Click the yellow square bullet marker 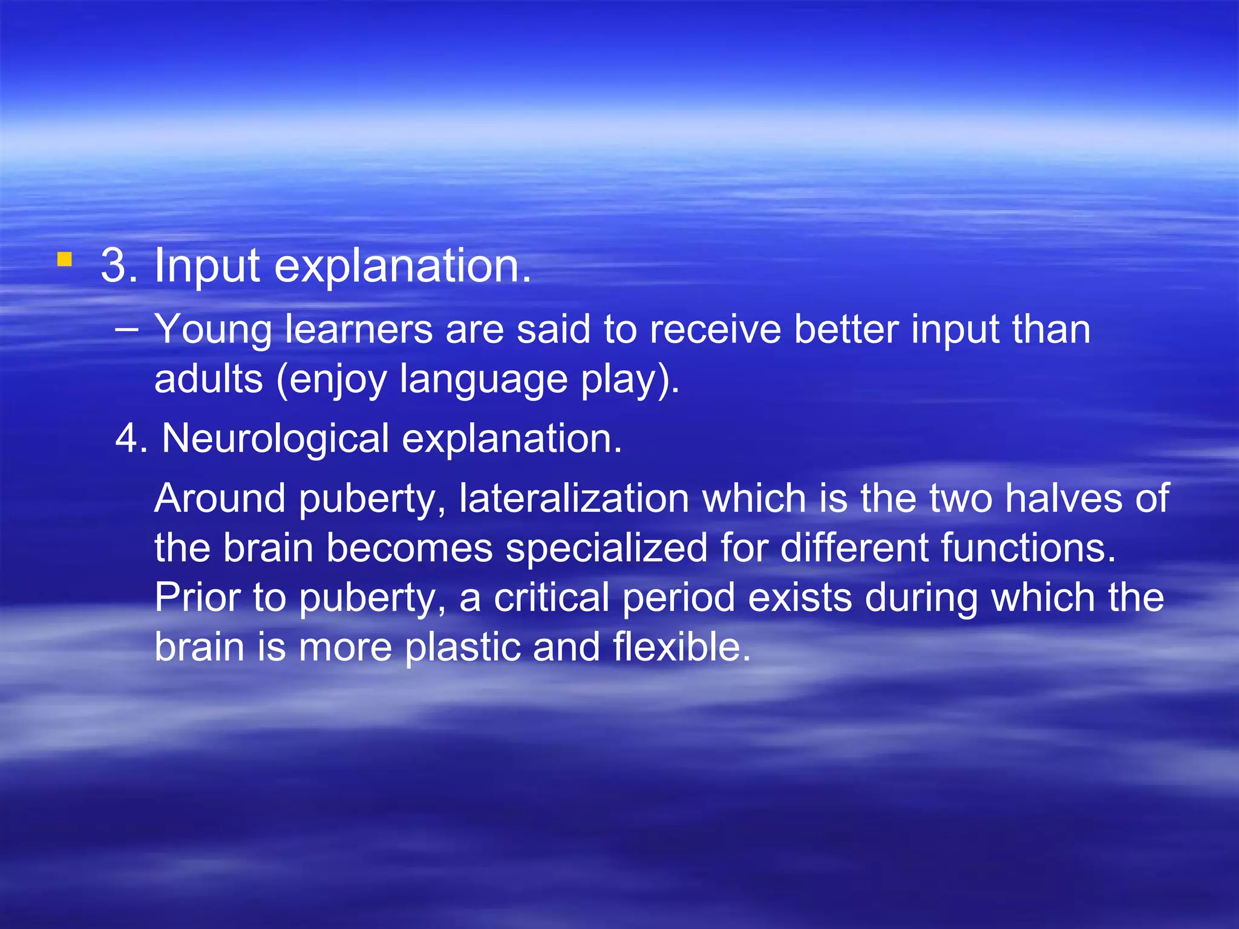(65, 260)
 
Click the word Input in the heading (207, 266)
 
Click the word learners (359, 330)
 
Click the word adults (209, 379)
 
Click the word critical (551, 598)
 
